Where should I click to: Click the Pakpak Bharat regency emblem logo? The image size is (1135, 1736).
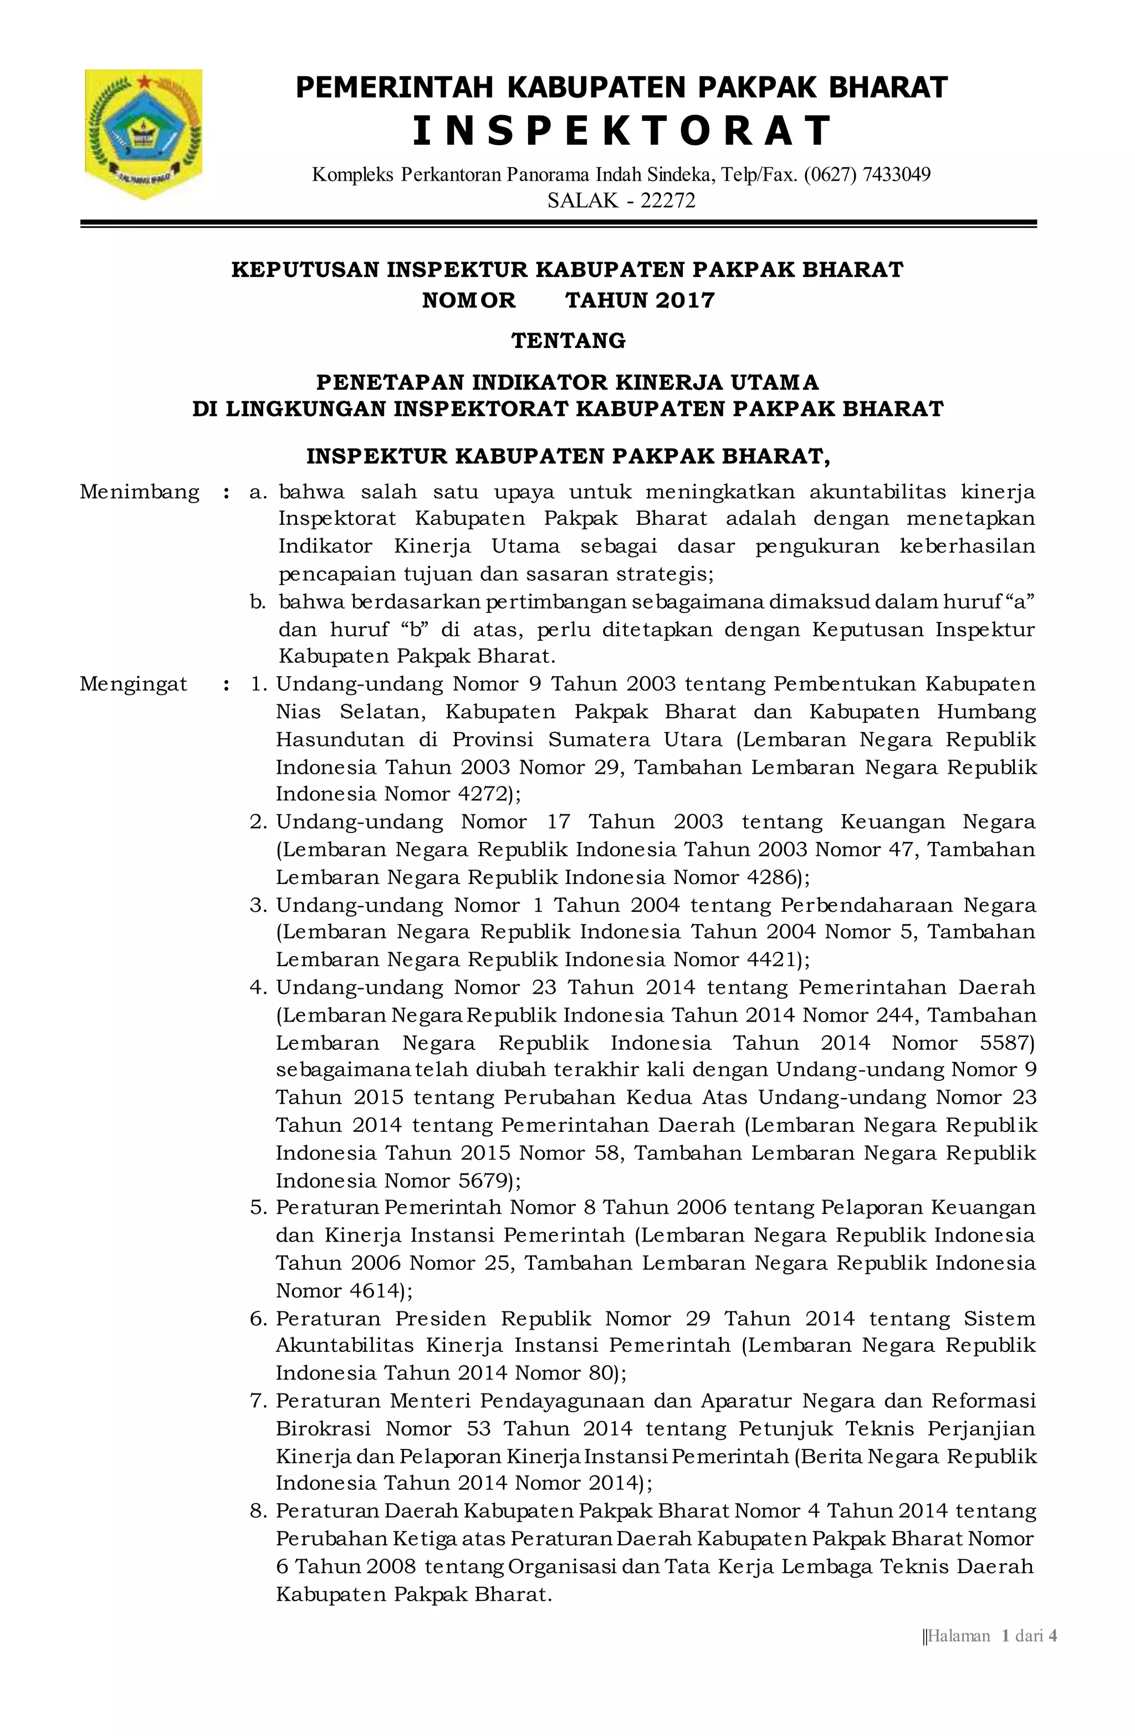point(143,134)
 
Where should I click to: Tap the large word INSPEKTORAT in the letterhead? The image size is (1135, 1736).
point(621,131)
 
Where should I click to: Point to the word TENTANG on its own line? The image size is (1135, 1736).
point(568,341)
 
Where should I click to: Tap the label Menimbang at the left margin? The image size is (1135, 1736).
point(139,492)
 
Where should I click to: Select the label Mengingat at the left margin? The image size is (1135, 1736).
point(134,684)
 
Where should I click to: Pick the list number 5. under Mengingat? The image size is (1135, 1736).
point(258,1208)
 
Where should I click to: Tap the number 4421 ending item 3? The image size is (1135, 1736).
point(764,960)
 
